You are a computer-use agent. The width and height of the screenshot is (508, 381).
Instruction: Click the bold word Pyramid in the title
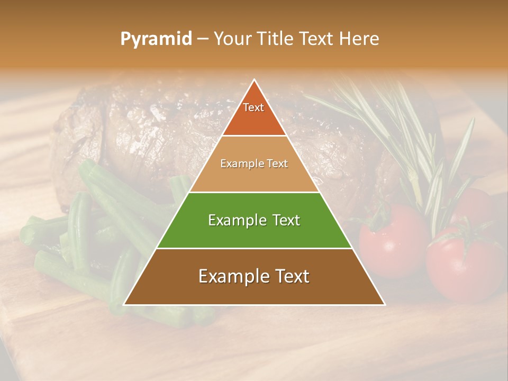click(x=156, y=39)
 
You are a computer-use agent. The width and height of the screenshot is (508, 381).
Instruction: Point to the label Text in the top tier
click(x=253, y=107)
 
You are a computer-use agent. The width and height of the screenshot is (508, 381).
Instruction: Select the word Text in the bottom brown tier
click(x=289, y=276)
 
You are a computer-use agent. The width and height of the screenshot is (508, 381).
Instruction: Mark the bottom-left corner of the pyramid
click(x=124, y=304)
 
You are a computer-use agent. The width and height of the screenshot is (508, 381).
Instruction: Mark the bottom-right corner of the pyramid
click(x=384, y=304)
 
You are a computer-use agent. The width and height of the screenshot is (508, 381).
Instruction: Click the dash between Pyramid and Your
click(x=203, y=39)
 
